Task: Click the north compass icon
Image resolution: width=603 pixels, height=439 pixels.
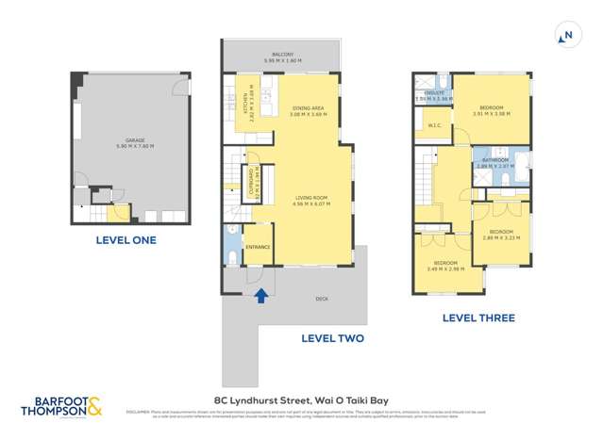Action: pyautogui.click(x=566, y=37)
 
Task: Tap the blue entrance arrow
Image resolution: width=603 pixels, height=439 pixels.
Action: pyautogui.click(x=261, y=296)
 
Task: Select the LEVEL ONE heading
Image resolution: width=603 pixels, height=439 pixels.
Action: pyautogui.click(x=126, y=240)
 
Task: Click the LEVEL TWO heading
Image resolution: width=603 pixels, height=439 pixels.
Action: pyautogui.click(x=332, y=338)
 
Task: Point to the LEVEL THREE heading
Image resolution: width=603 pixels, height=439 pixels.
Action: pyautogui.click(x=478, y=318)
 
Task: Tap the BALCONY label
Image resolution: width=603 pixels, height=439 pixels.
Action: pyautogui.click(x=278, y=55)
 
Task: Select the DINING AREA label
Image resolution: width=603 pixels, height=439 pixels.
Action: pyautogui.click(x=309, y=109)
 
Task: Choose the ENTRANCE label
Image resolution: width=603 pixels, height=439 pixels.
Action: pyautogui.click(x=259, y=248)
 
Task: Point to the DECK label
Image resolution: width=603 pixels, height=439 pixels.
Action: pyautogui.click(x=322, y=299)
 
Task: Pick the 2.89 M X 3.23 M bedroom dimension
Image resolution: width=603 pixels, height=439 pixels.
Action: pyautogui.click(x=501, y=237)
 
